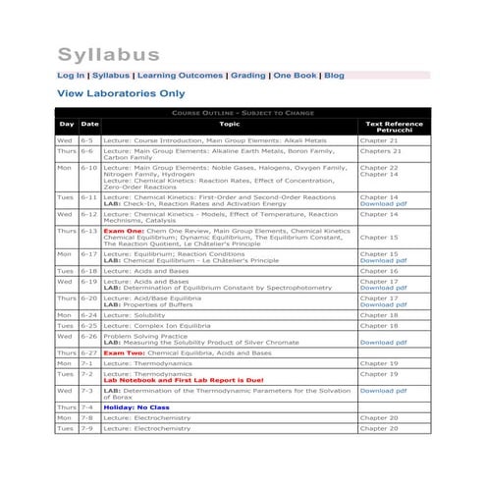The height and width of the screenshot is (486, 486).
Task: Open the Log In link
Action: click(71, 75)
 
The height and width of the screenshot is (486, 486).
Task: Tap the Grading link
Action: click(248, 75)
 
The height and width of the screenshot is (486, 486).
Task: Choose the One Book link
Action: click(296, 75)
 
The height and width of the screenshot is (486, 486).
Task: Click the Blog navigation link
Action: click(334, 75)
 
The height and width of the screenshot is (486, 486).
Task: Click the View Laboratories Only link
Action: click(121, 94)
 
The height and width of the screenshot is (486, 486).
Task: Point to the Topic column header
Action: click(229, 125)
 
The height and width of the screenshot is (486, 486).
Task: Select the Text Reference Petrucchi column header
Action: click(394, 128)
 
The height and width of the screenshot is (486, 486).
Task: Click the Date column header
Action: click(88, 125)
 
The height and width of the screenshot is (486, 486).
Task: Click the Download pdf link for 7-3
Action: click(383, 390)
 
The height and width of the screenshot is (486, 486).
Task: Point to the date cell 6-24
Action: click(88, 315)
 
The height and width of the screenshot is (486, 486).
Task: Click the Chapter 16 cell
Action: click(379, 270)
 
